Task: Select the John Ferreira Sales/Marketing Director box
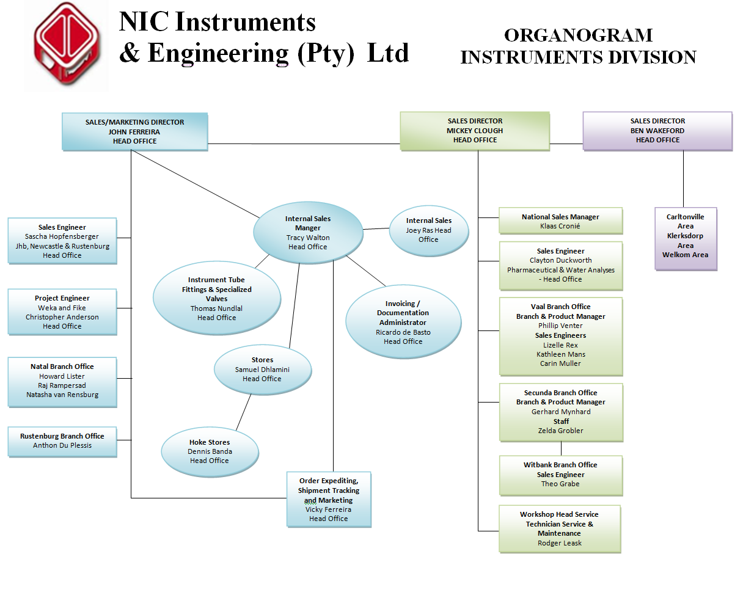[134, 131]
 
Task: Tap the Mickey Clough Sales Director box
[475, 131]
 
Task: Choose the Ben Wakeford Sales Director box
[657, 131]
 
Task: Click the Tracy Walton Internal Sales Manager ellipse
[308, 233]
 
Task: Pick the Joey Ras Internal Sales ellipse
[428, 230]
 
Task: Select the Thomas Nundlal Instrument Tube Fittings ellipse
[216, 299]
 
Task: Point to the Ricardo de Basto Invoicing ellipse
[403, 323]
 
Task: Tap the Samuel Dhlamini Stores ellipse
[262, 370]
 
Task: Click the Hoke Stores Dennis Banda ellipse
[210, 451]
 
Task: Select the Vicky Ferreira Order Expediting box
[329, 500]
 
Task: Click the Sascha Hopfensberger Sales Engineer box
[62, 241]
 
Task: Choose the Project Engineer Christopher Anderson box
[62, 312]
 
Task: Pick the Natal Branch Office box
[62, 382]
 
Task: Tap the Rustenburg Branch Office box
[62, 441]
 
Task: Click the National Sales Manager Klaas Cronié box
[560, 221]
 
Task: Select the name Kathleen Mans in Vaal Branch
[561, 354]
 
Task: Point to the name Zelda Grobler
[561, 431]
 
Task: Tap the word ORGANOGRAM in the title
[578, 35]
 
